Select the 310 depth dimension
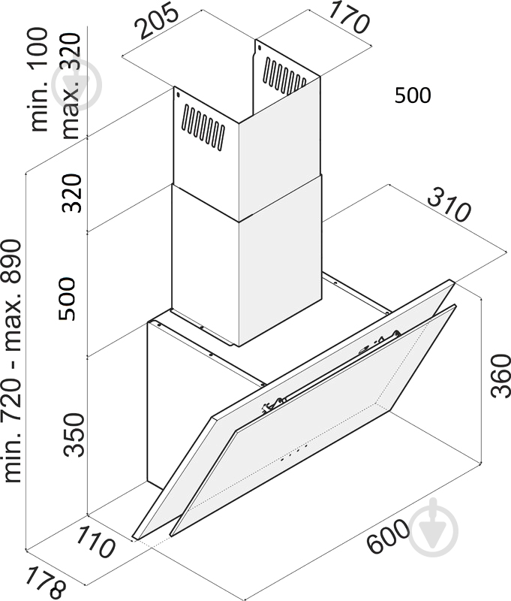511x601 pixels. coord(448,206)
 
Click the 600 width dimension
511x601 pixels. coord(388,536)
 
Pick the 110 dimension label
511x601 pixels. coord(95,542)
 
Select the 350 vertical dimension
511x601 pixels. coord(74,435)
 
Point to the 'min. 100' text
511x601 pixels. coord(40,80)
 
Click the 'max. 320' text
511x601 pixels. coord(71,86)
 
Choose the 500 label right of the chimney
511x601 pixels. coord(413,95)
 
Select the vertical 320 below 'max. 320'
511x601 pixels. coord(71,193)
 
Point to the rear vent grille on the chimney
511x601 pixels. coord(285,76)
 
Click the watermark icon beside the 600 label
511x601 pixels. coord(433,528)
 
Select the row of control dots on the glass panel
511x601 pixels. coord(294,452)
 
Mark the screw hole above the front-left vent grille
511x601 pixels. coord(177,95)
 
